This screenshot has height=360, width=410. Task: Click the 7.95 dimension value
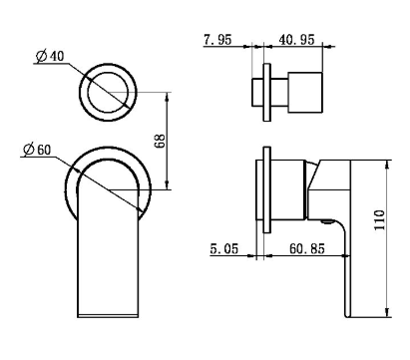pyautogui.click(x=217, y=40)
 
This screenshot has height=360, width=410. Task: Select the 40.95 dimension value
pyautogui.click(x=296, y=40)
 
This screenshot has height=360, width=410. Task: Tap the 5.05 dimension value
pyautogui.click(x=224, y=248)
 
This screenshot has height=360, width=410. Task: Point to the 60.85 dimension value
pyautogui.click(x=306, y=248)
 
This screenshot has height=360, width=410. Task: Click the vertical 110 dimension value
pyautogui.click(x=379, y=219)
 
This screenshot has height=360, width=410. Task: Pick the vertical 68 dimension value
pyautogui.click(x=160, y=141)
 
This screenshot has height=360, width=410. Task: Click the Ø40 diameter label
pyautogui.click(x=50, y=56)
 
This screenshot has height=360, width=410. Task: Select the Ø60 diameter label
pyautogui.click(x=37, y=150)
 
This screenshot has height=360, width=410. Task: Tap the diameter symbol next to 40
pyautogui.click(x=41, y=56)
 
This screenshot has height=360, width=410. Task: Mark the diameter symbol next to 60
pyautogui.click(x=29, y=150)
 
